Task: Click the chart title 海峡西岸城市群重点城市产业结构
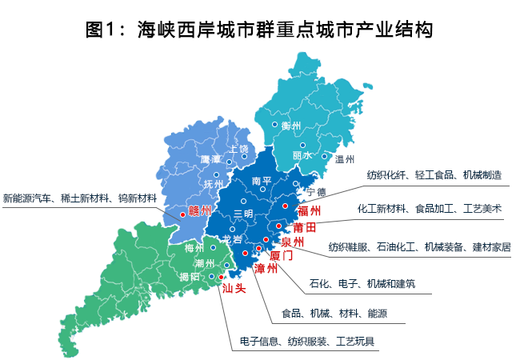[x=260, y=30]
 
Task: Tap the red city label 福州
[x=309, y=211]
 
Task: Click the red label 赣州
[x=199, y=210]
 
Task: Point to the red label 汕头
[x=234, y=287]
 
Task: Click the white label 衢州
[x=290, y=125]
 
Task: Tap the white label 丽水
[x=302, y=154]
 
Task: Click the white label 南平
[x=262, y=182]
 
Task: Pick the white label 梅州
[x=194, y=249]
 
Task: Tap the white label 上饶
[x=238, y=150]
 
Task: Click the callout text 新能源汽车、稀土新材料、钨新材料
[x=80, y=197]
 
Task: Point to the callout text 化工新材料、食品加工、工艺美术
[x=430, y=209]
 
